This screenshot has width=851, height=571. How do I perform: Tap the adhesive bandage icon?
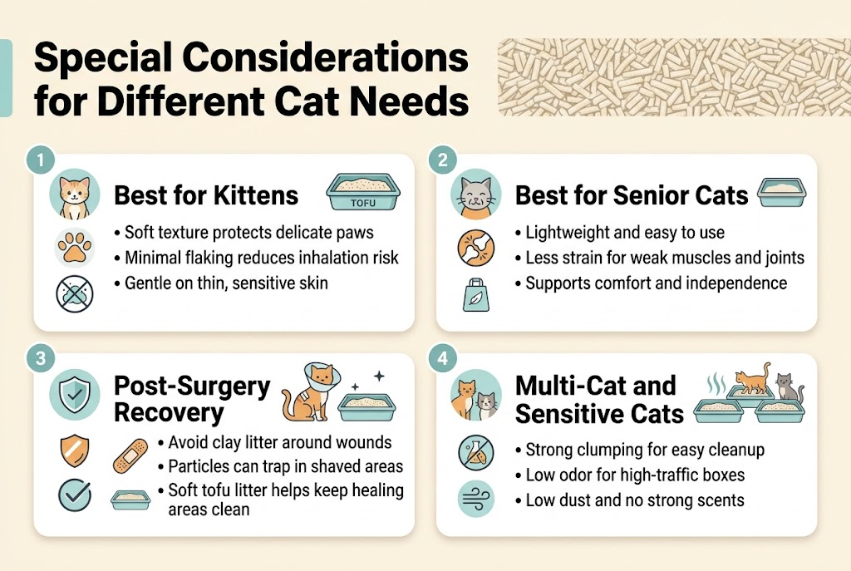point(130,455)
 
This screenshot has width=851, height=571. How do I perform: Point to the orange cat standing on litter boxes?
point(751,380)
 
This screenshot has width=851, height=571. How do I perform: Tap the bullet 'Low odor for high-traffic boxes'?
point(635,475)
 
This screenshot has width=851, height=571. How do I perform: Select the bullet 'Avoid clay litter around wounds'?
point(279,442)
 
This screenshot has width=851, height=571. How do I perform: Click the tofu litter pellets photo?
point(673,76)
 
